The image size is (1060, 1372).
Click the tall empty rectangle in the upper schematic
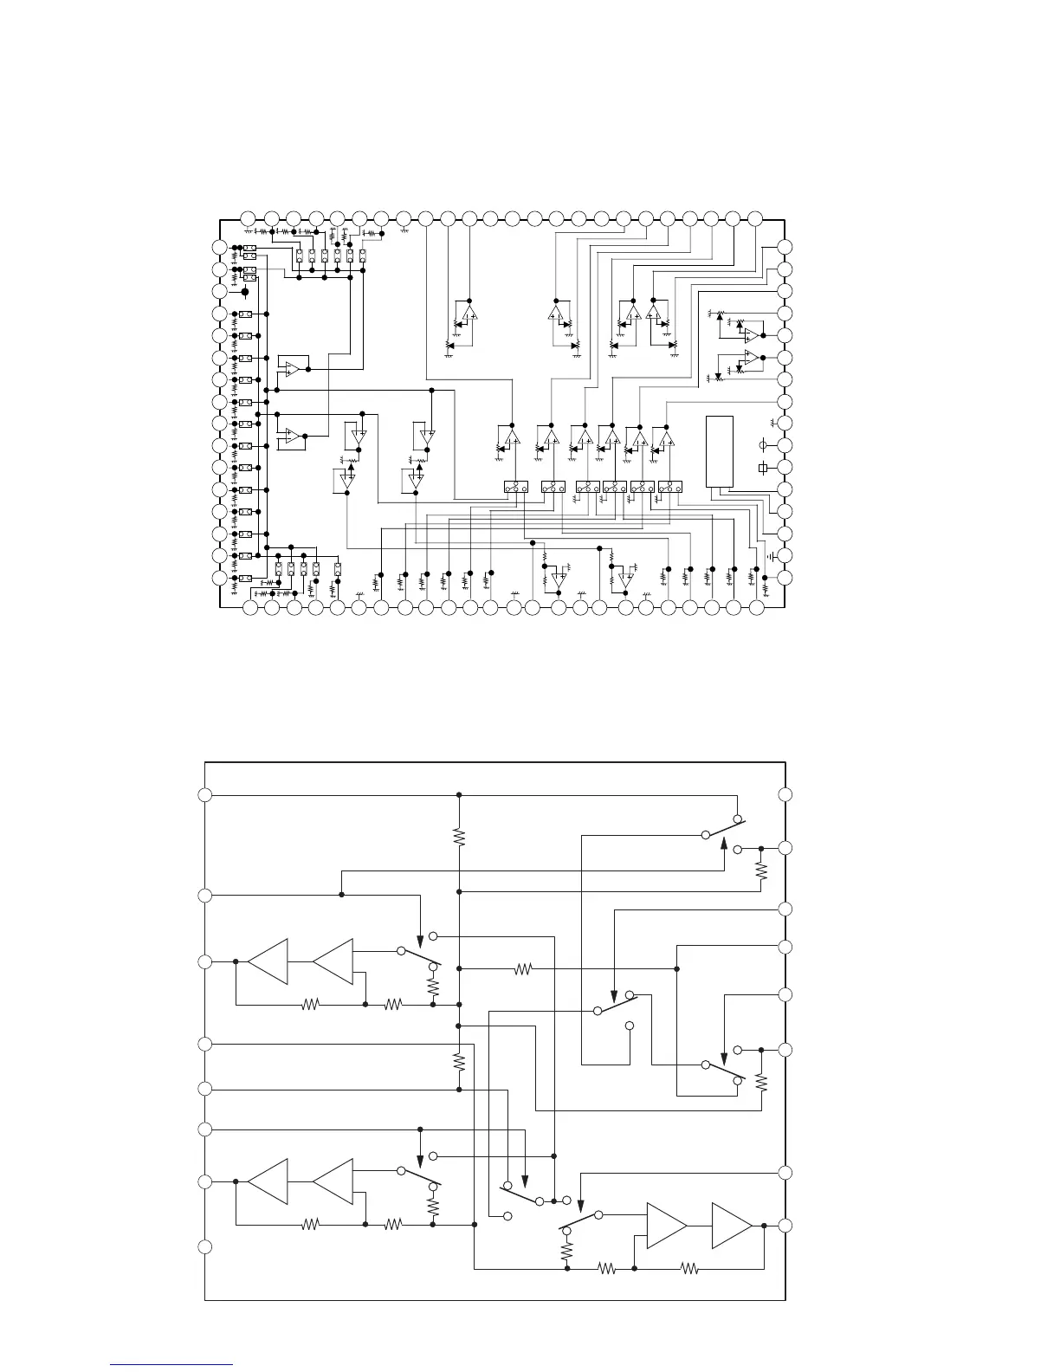tap(720, 451)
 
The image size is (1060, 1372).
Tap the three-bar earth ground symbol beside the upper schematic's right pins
tap(771, 555)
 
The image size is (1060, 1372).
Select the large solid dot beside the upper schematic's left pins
tap(245, 292)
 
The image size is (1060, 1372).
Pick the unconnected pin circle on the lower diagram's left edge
tap(204, 1247)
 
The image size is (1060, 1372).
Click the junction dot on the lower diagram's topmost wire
tap(459, 794)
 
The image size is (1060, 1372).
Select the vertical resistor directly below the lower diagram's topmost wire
tap(459, 837)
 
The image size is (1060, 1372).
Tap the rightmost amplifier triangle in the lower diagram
tap(732, 1226)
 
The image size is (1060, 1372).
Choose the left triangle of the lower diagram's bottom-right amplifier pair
tap(666, 1226)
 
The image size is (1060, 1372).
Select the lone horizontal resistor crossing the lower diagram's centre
tap(522, 969)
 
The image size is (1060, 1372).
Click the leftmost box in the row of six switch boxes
tap(516, 489)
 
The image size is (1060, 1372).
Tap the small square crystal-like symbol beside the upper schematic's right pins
tap(762, 468)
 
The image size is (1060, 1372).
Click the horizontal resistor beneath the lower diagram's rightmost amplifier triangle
tap(689, 1269)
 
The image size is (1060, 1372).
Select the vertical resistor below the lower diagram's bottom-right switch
tap(567, 1252)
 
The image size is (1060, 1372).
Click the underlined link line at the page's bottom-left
tap(172, 1365)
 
